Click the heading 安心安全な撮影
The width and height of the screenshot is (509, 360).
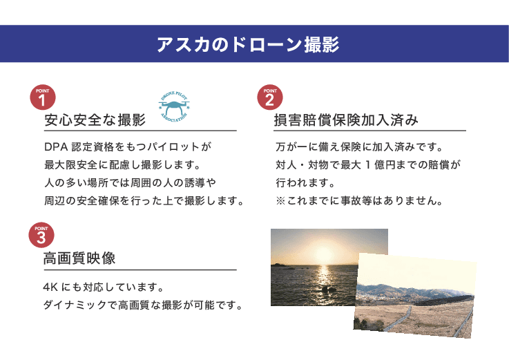95,120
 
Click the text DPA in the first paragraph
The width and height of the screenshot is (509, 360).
54,148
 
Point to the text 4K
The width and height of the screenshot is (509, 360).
50,287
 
